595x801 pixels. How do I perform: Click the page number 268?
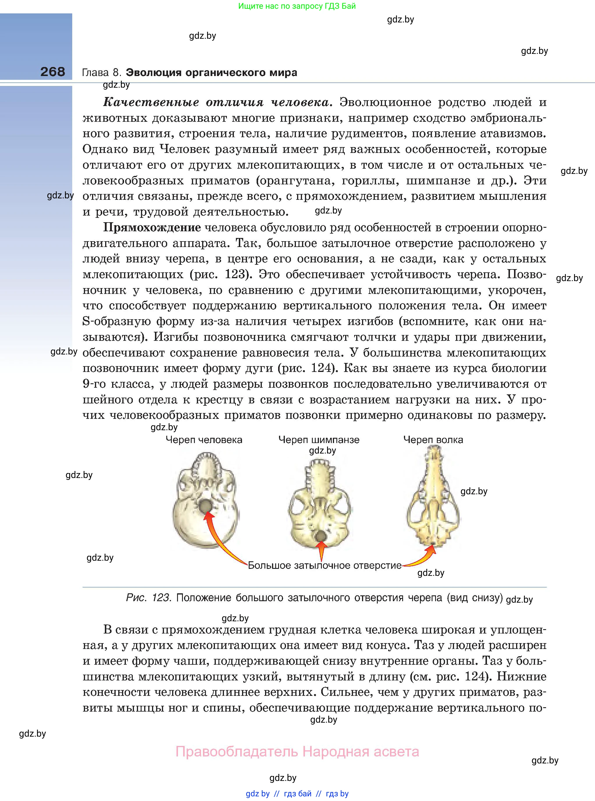click(x=53, y=72)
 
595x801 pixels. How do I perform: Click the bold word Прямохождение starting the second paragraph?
click(x=152, y=227)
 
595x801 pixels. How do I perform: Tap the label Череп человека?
click(x=204, y=440)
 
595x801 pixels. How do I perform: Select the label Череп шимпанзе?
click(x=319, y=440)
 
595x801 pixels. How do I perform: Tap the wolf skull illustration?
click(x=433, y=497)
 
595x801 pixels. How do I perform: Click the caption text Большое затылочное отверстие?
click(x=324, y=565)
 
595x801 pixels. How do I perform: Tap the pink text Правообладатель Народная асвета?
click(x=297, y=752)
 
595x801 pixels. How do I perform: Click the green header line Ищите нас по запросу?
click(x=297, y=6)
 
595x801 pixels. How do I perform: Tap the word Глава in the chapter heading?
click(x=95, y=73)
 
